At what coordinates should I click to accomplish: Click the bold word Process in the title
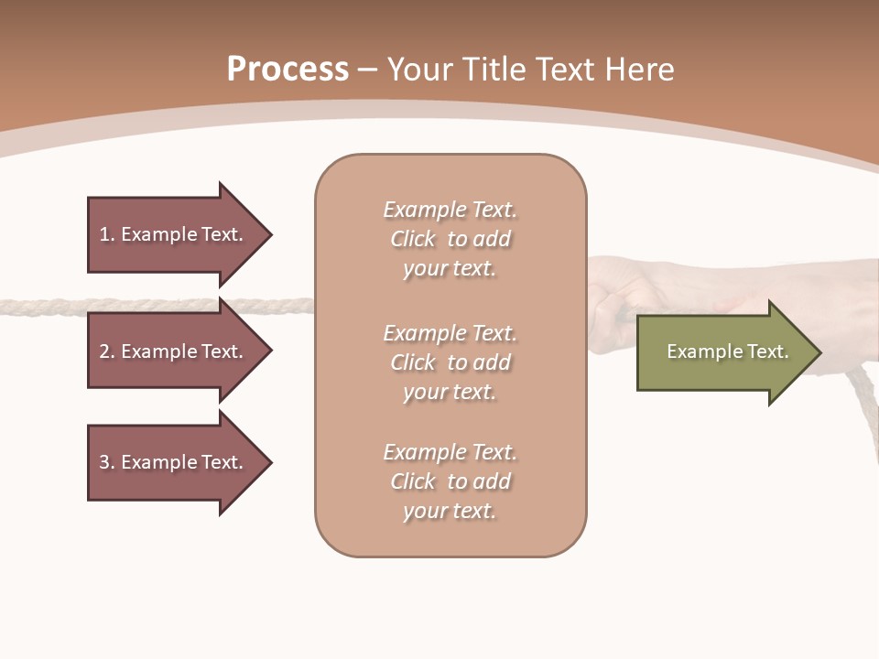(288, 70)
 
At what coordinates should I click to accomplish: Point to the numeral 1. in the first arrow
(107, 234)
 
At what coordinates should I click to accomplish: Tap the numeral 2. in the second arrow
(107, 351)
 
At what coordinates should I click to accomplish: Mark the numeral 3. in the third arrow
(107, 462)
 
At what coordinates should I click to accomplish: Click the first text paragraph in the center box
(450, 239)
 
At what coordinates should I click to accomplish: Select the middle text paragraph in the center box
(450, 362)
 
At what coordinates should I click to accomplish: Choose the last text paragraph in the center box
(450, 481)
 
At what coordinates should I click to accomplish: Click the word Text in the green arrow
(770, 351)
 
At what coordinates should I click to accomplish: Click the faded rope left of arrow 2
(41, 307)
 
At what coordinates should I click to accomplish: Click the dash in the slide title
(368, 70)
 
